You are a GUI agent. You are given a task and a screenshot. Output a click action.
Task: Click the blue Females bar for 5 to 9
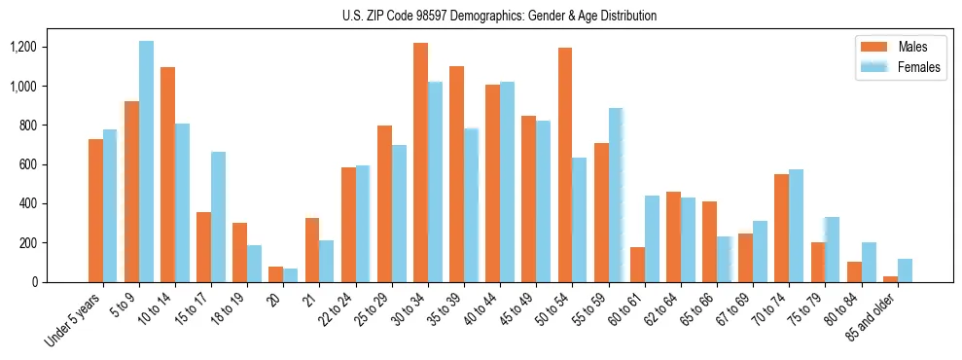point(146,162)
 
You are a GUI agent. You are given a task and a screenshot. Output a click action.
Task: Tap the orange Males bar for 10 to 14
point(167,175)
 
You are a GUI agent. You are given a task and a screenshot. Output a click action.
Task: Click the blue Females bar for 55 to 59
point(615,196)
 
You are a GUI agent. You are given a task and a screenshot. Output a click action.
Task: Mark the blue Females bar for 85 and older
point(904,270)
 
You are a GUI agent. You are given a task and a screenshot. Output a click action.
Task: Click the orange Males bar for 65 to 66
point(709,242)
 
